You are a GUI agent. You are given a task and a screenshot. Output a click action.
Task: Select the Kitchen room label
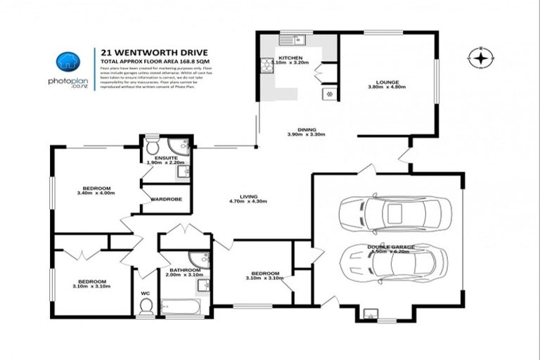click(290, 58)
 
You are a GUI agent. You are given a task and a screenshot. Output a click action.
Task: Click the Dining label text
click(306, 130)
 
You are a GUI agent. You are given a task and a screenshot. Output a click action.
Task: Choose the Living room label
click(248, 196)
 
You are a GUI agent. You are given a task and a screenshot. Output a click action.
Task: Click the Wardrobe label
click(166, 199)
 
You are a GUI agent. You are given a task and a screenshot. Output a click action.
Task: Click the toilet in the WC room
click(146, 305)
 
